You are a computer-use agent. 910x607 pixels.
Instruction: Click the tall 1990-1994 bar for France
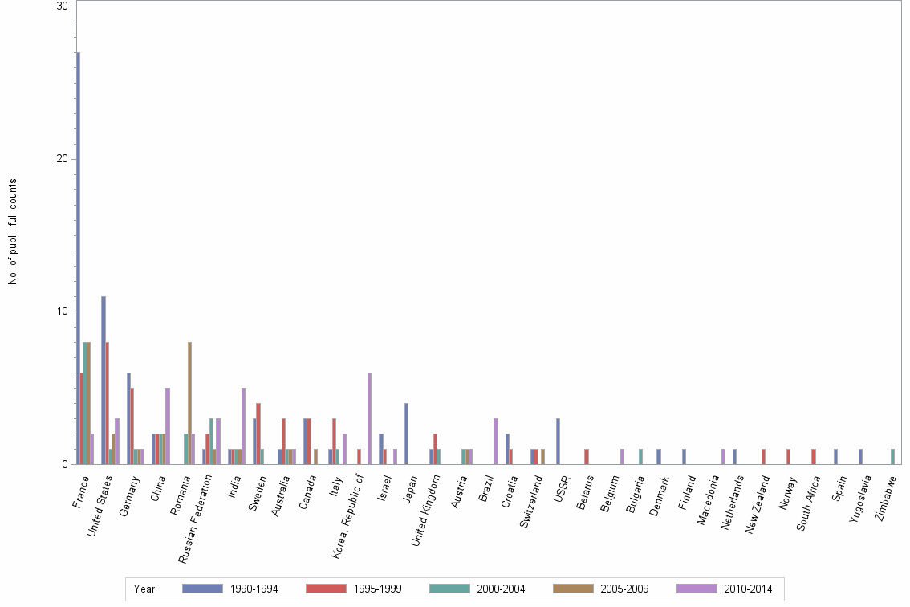(x=78, y=258)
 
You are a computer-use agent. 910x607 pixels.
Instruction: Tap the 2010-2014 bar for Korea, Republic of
(x=369, y=418)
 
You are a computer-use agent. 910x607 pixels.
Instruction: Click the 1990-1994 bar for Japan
(x=406, y=434)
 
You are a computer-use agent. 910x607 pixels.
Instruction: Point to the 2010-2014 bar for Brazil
(x=496, y=441)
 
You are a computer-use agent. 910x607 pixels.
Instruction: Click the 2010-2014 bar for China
(x=168, y=426)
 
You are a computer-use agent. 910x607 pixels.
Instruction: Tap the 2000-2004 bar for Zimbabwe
(x=892, y=456)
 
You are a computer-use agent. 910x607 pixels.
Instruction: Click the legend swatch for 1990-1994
(x=202, y=589)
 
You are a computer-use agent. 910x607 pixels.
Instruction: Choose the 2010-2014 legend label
(x=746, y=589)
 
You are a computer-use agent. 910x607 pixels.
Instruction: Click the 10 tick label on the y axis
(x=63, y=312)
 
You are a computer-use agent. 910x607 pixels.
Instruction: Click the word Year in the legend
(x=144, y=589)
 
